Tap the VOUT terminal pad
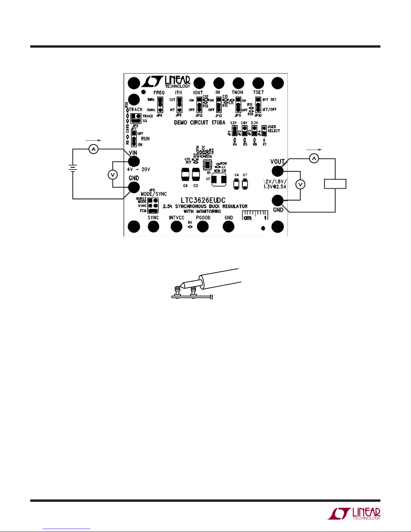[277, 171]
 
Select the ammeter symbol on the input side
[94, 149]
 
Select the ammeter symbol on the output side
[314, 158]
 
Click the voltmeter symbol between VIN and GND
[113, 175]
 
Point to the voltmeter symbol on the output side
[300, 184]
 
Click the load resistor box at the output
[335, 184]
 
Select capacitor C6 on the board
[185, 175]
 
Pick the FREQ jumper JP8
[160, 105]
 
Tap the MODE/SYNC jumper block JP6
[153, 205]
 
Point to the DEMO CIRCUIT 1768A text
[199, 123]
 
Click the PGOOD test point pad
[203, 227]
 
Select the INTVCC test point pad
[176, 227]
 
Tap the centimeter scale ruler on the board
[255, 215]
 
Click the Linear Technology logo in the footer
[354, 514]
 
